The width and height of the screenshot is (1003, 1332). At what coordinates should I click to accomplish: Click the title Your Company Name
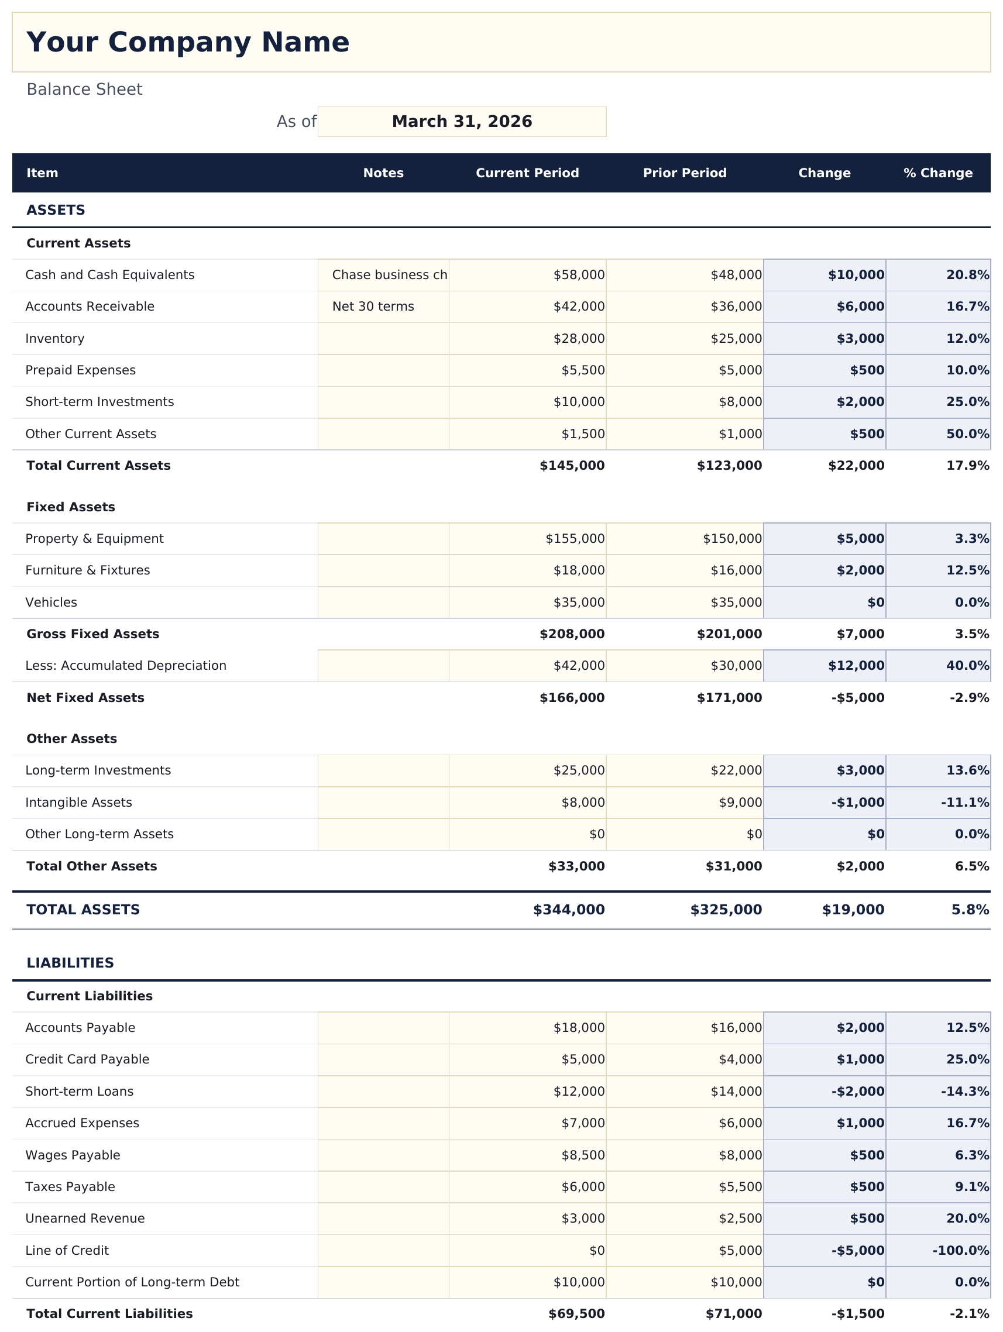click(187, 43)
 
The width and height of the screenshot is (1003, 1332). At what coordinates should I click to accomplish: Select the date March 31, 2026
click(462, 122)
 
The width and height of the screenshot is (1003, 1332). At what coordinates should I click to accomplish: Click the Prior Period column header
click(684, 173)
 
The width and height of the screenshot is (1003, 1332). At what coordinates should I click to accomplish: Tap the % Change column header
click(937, 173)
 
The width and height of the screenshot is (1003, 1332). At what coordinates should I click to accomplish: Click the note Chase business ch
click(389, 275)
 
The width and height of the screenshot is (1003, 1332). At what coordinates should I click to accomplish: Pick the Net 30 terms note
click(373, 307)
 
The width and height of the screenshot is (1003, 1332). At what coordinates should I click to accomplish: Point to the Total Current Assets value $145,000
click(572, 466)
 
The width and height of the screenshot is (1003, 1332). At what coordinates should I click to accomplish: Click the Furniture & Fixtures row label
click(87, 570)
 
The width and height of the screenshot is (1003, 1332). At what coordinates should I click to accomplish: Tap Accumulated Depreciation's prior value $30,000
click(736, 665)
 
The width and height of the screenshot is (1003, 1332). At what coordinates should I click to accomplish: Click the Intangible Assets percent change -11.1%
click(964, 803)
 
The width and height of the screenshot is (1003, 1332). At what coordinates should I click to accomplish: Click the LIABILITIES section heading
click(70, 963)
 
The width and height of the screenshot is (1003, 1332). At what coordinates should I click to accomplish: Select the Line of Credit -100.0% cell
click(960, 1251)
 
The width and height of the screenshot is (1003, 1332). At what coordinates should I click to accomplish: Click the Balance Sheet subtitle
click(84, 90)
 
